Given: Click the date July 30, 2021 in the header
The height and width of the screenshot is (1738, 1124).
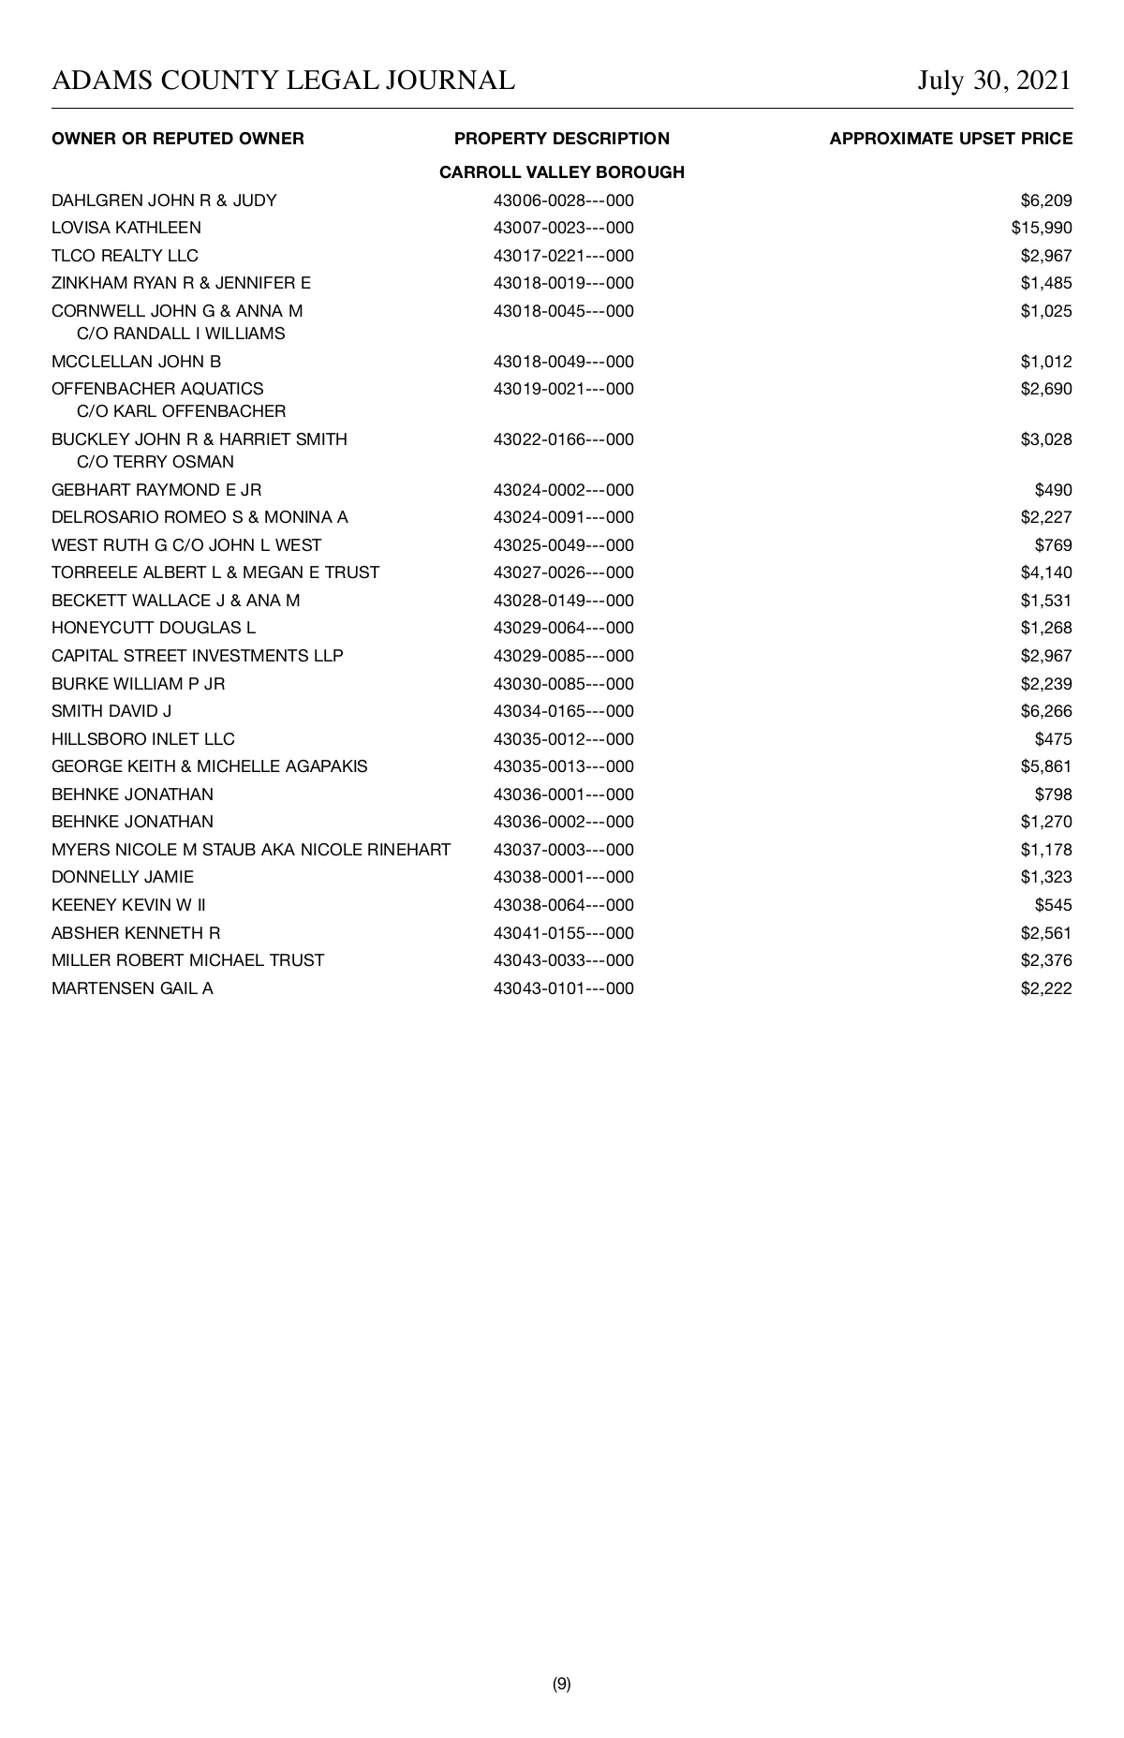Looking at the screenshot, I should click(x=994, y=81).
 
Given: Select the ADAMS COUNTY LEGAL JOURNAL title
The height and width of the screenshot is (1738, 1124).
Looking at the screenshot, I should click(x=283, y=81).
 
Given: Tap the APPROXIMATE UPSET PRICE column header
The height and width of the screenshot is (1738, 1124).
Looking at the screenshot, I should click(x=951, y=139).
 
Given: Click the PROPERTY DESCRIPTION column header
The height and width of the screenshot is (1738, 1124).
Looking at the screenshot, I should click(x=562, y=139).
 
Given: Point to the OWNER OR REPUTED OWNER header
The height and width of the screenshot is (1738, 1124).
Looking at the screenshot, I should click(x=178, y=139).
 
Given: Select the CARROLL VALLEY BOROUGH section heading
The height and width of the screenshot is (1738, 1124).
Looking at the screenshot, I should click(x=562, y=172).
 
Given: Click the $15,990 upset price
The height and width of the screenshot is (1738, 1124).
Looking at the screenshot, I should click(x=1042, y=228).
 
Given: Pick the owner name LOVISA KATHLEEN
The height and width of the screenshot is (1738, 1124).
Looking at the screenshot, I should click(x=126, y=228).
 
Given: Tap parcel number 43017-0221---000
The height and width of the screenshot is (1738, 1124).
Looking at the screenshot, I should click(x=563, y=256).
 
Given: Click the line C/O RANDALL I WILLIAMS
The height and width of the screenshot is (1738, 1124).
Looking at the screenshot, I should click(x=181, y=334).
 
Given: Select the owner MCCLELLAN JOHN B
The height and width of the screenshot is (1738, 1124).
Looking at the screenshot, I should click(x=137, y=362).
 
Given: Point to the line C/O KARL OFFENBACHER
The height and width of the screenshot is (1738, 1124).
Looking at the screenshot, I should click(x=182, y=411).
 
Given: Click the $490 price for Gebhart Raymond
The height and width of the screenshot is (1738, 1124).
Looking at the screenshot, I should click(x=1053, y=490).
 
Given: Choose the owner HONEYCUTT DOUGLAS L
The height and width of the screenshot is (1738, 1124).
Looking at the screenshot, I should click(x=154, y=628).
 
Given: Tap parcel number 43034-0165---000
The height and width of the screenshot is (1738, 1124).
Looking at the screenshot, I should click(x=563, y=711).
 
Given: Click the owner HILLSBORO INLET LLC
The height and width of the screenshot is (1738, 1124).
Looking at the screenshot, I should click(x=143, y=739).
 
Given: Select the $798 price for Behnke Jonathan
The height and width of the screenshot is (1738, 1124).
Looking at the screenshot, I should click(x=1053, y=795).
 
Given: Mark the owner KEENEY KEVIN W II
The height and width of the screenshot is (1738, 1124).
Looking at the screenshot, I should click(x=129, y=905).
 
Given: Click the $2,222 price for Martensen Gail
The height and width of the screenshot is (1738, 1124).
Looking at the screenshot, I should click(x=1046, y=988).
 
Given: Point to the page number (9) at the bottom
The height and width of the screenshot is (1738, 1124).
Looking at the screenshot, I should click(x=562, y=1684).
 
